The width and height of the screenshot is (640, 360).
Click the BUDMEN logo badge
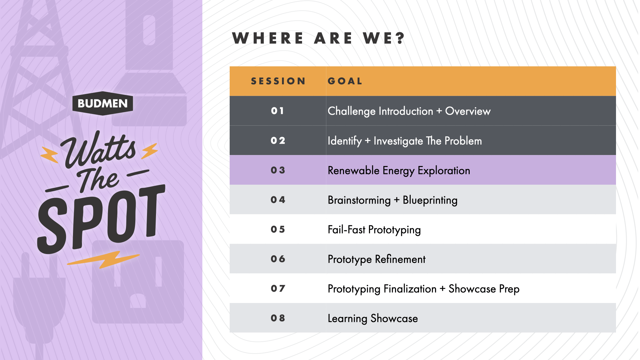(x=103, y=103)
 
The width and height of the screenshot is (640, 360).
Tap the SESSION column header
(x=278, y=81)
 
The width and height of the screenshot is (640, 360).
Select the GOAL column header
(x=345, y=81)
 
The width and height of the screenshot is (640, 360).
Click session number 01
(x=277, y=111)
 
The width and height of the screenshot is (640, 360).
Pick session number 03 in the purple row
(x=278, y=170)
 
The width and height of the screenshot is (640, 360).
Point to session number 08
(x=278, y=318)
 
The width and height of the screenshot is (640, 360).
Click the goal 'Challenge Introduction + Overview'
(x=409, y=111)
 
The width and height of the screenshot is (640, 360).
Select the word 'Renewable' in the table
(x=354, y=170)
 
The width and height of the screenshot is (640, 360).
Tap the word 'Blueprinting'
(x=430, y=200)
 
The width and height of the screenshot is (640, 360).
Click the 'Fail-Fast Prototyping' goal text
(x=374, y=230)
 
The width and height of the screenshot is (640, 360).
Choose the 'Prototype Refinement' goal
(x=376, y=259)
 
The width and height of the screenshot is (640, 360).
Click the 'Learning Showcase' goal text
(x=373, y=319)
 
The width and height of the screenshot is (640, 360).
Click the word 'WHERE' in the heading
(x=268, y=38)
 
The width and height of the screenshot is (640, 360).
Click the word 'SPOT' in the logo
(x=101, y=219)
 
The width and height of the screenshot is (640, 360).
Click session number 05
(x=278, y=230)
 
